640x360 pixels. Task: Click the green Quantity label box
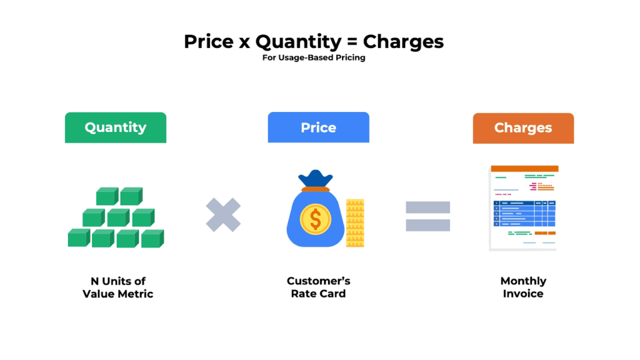coord(116,127)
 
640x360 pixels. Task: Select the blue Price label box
coord(318,127)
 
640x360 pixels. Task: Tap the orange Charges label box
coord(523,128)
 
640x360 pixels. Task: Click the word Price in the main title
coord(209,42)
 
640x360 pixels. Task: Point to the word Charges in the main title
coord(403,42)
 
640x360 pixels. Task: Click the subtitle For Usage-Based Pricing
coord(314,58)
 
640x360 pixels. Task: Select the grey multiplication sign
coord(224,215)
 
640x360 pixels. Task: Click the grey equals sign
coord(427,216)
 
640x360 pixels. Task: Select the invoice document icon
coord(524,207)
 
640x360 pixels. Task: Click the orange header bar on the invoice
coord(524,169)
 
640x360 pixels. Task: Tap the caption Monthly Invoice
coord(523,287)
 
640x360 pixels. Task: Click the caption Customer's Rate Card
coord(318,287)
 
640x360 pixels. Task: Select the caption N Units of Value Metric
coord(117,287)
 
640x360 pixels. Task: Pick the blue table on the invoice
coord(524,213)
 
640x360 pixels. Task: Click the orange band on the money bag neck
coord(316,188)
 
